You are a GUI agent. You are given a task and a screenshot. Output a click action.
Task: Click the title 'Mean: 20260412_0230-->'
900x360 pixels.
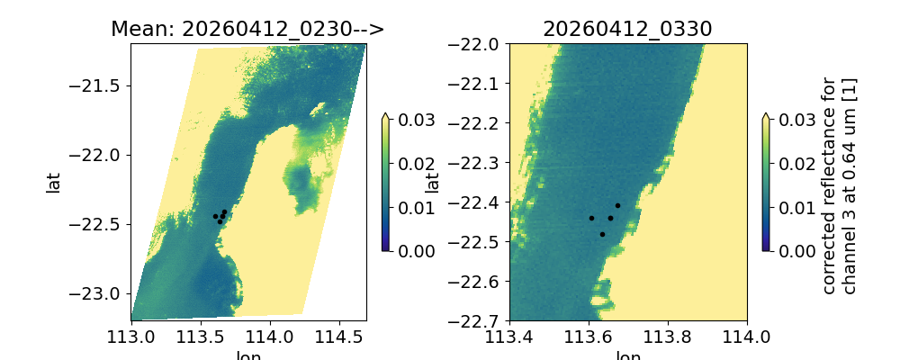coord(247,29)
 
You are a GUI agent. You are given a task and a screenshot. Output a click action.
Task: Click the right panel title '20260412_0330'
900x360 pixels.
coord(627,29)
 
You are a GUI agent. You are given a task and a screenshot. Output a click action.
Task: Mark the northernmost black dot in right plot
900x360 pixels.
coord(617,205)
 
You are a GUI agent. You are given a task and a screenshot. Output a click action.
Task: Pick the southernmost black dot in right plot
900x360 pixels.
coord(602,234)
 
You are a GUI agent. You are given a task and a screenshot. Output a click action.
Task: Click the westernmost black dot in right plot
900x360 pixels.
coord(591,218)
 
